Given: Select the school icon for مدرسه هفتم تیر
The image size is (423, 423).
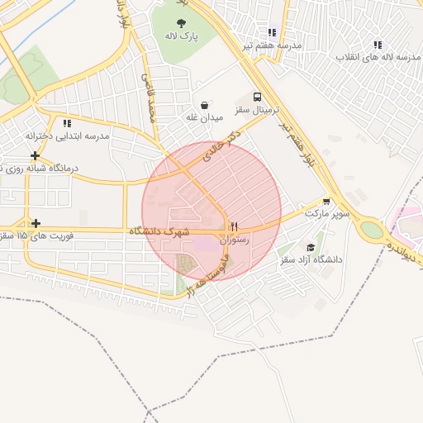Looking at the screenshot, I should click(x=273, y=32).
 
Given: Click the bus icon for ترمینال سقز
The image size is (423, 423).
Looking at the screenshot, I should click(x=257, y=96).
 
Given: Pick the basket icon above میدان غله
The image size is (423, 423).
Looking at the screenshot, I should click(x=204, y=105).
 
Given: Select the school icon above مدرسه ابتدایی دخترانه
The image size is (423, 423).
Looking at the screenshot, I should click(x=67, y=123).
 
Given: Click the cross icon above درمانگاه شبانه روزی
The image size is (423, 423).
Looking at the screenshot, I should click(x=35, y=155).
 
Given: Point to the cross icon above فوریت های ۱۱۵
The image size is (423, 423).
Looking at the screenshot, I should click(x=36, y=223).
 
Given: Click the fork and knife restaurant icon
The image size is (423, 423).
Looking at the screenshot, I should click(x=235, y=226).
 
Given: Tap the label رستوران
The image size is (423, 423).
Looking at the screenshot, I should click(x=235, y=240).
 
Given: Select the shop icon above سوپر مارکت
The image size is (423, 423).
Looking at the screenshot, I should click(x=327, y=201).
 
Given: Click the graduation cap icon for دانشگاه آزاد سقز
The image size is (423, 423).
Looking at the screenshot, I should click(x=311, y=247).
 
